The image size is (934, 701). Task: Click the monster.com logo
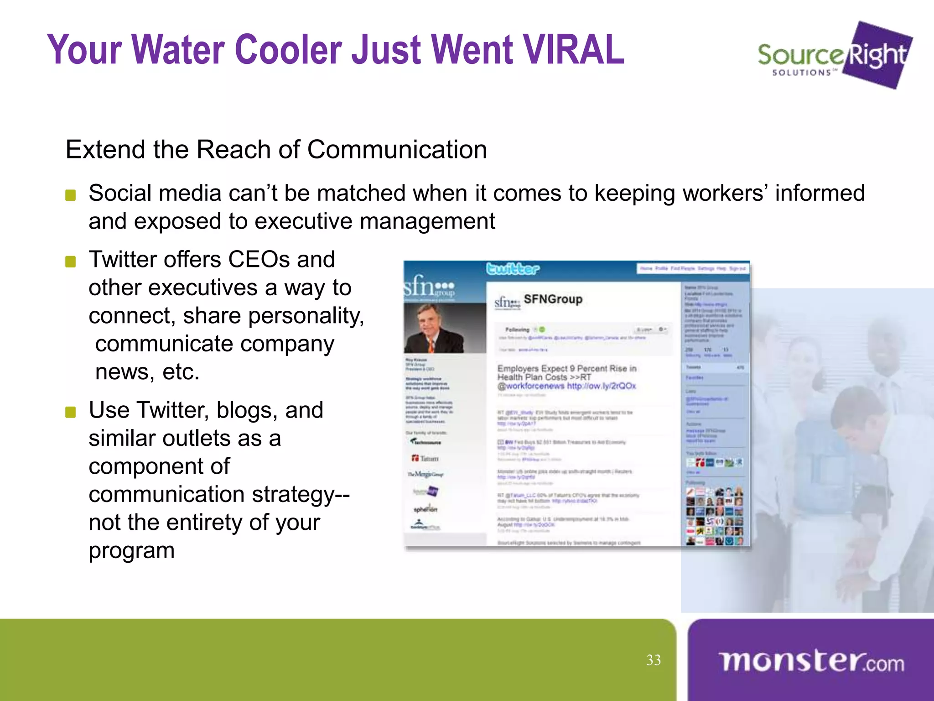[x=811, y=661]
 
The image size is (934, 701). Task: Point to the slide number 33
[x=653, y=660]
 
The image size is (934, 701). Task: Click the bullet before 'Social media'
[x=70, y=195]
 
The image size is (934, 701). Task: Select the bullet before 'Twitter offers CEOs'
[x=70, y=262]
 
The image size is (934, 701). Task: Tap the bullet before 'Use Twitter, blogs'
[x=70, y=412]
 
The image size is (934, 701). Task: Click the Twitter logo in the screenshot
[x=513, y=269]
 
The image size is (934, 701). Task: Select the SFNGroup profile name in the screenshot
[x=553, y=299]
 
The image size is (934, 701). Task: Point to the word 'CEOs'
[x=259, y=260]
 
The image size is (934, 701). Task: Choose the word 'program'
[x=131, y=551]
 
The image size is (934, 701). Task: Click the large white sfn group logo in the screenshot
[x=429, y=287]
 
